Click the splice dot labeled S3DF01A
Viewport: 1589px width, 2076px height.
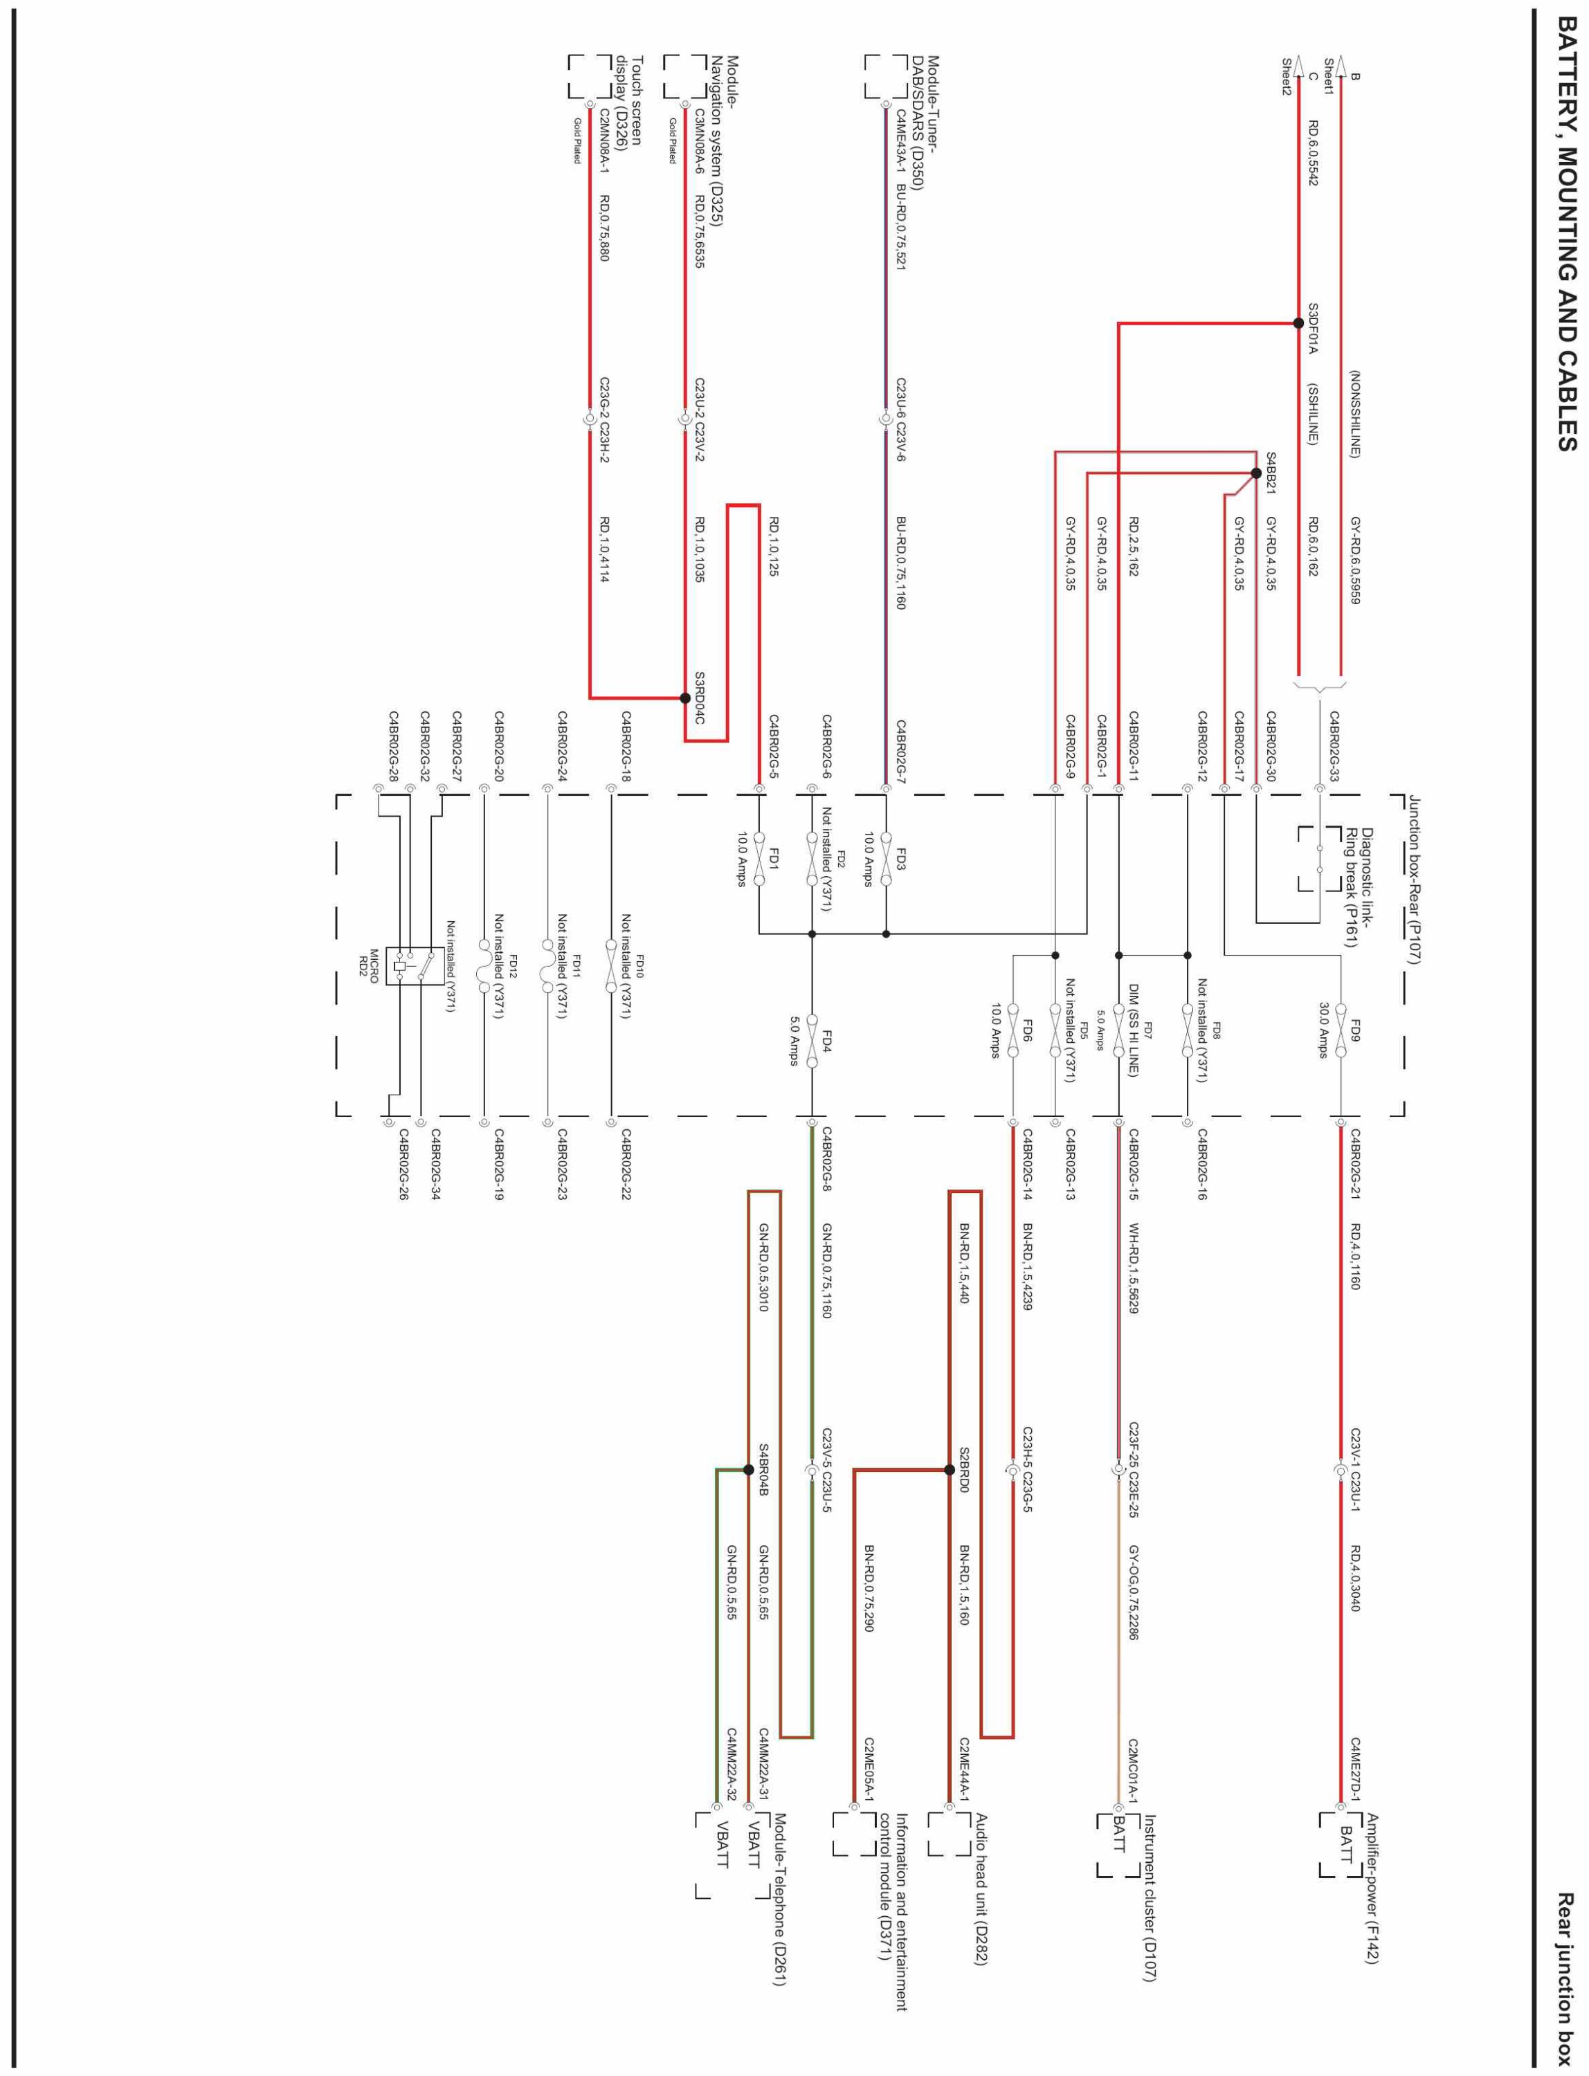[x=1298, y=323]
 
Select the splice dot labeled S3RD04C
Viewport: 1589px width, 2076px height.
[x=684, y=698]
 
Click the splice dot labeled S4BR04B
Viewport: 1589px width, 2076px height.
[x=749, y=1470]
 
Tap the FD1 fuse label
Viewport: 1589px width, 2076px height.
[x=774, y=859]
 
